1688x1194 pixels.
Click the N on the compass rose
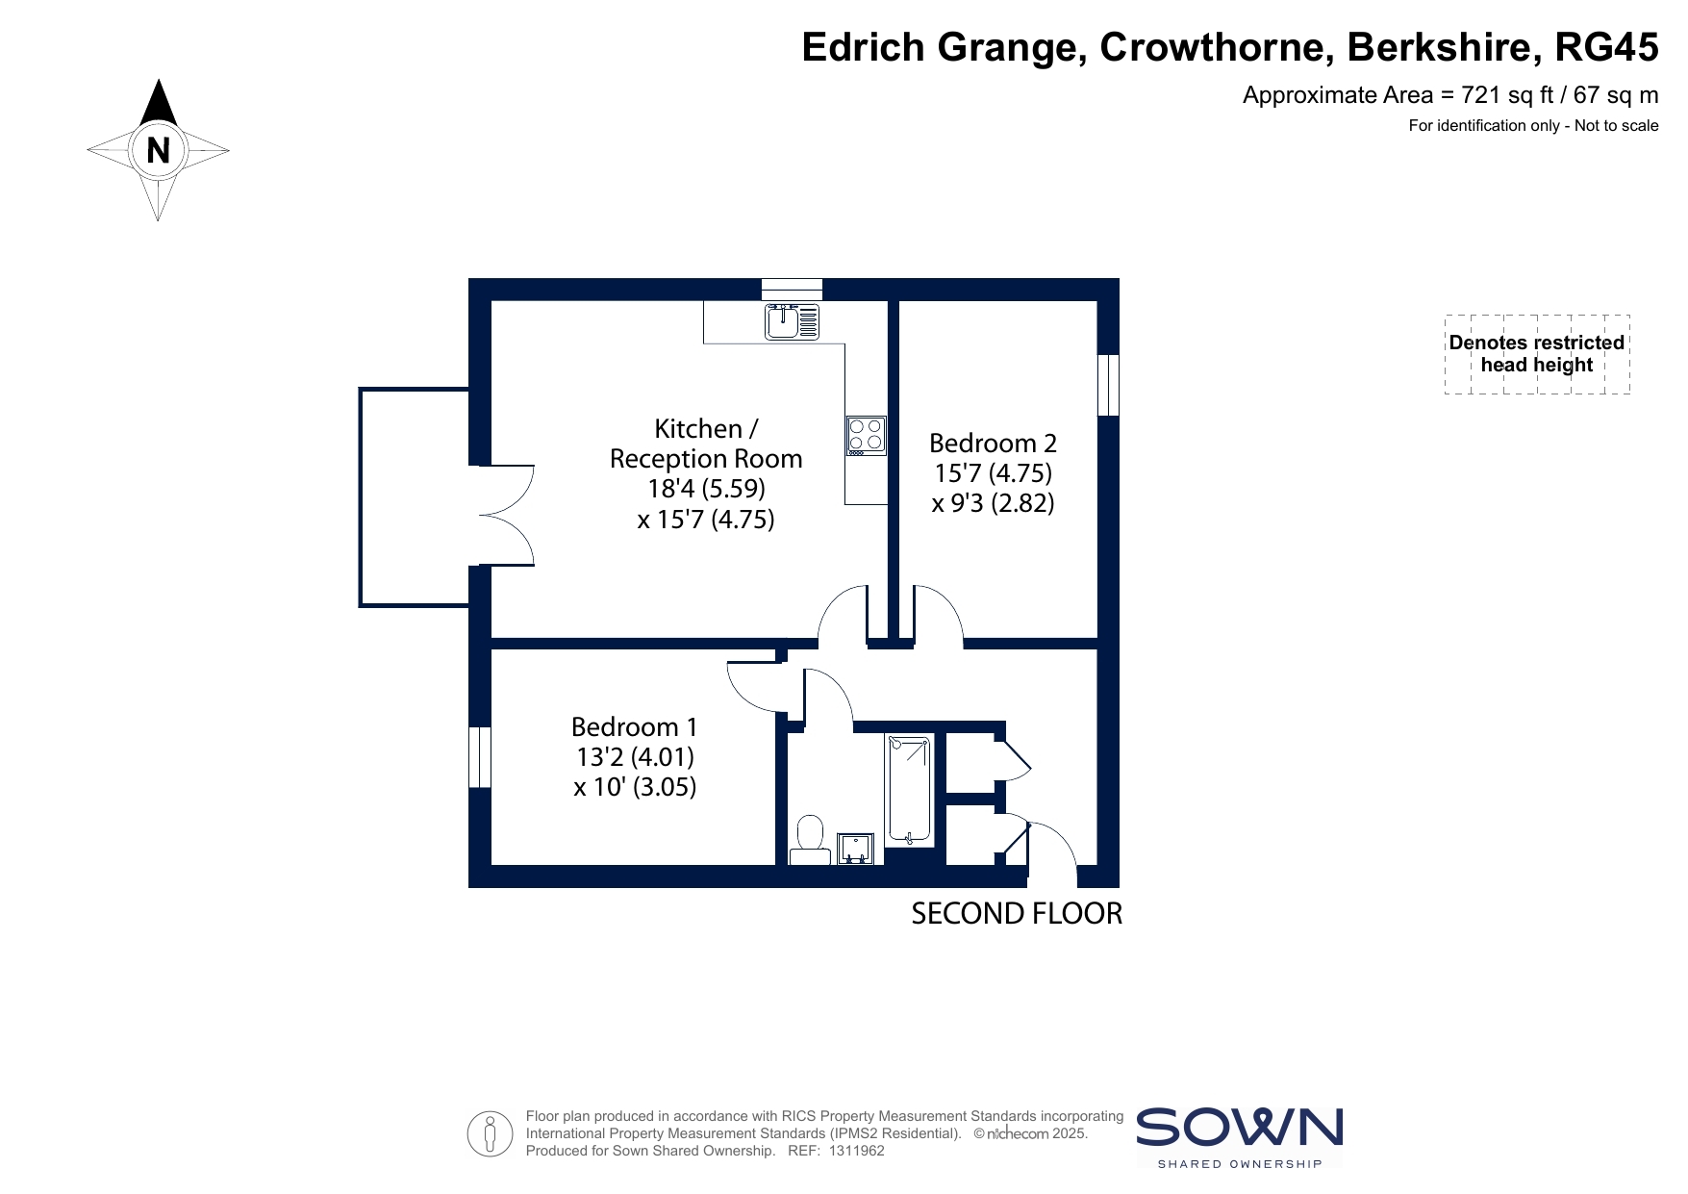click(158, 150)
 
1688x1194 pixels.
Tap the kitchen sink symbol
click(793, 321)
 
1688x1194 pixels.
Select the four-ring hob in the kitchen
click(866, 435)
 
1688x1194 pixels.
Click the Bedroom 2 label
click(993, 443)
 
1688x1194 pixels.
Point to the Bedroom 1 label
click(634, 726)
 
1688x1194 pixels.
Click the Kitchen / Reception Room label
click(706, 444)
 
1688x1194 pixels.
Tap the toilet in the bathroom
click(810, 840)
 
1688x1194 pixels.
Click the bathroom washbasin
click(855, 849)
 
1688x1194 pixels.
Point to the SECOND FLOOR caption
click(1017, 913)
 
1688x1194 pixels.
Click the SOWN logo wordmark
click(1240, 1127)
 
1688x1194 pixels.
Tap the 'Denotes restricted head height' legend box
click(1537, 354)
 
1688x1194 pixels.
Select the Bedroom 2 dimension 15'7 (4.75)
click(993, 472)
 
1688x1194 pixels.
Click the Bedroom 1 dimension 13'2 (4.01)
click(635, 756)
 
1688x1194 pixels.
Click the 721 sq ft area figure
click(1507, 95)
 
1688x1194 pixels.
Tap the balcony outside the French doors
click(415, 497)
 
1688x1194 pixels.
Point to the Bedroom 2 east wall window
click(1108, 385)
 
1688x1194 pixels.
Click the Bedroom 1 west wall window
click(480, 757)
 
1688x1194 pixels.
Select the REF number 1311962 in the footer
click(856, 1151)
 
